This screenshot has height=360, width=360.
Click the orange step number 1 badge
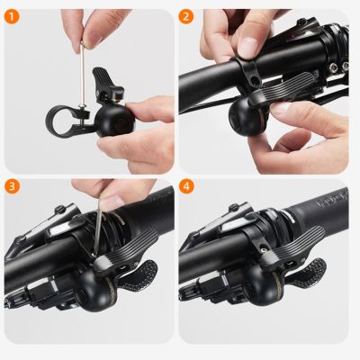[13, 16]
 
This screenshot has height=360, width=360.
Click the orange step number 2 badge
[186, 16]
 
